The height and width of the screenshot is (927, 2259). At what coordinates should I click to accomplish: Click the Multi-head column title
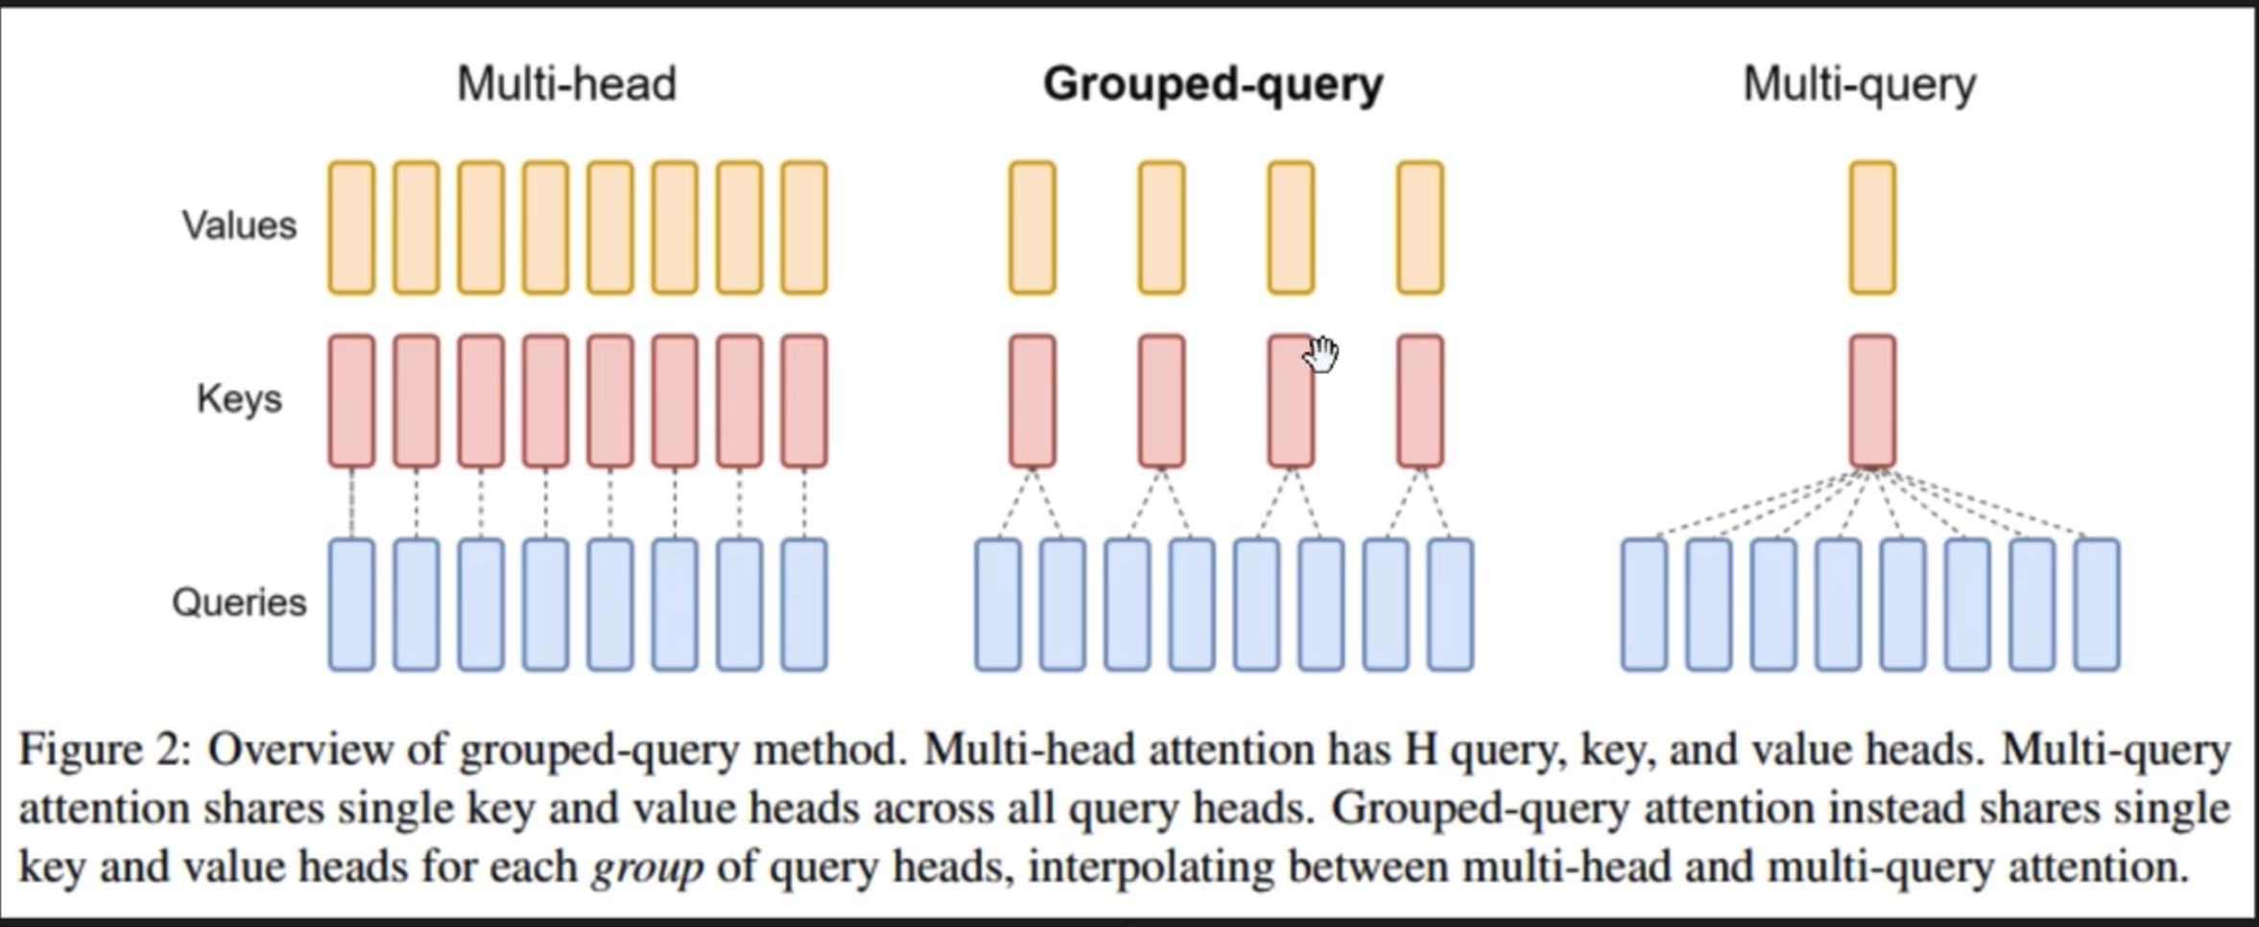pos(566,84)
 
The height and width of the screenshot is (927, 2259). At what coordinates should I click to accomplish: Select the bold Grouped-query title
pos(1213,84)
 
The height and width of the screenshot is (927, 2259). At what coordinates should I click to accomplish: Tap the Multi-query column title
pos(1859,84)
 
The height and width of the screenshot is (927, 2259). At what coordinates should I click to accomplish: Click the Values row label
pos(240,226)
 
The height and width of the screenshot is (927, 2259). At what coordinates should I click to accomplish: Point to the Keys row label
pos(240,398)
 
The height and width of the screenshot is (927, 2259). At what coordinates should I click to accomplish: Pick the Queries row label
pos(240,603)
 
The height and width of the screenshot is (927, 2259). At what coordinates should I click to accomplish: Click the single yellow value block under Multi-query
pos(1872,227)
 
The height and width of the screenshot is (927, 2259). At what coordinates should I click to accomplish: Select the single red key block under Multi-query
pos(1872,400)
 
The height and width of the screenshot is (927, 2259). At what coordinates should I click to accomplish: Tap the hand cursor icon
pos(1321,354)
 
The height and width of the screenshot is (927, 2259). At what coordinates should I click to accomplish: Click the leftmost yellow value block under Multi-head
pos(351,227)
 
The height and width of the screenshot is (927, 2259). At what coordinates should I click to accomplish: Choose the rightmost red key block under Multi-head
pos(804,400)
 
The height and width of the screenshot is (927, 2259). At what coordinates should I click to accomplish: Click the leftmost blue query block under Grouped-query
pos(998,605)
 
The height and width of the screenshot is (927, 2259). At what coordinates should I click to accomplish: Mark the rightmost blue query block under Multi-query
pos(2097,605)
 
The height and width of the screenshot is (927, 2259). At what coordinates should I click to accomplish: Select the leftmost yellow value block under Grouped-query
pos(1033,227)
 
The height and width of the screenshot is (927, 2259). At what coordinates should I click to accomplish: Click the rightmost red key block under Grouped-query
pos(1420,400)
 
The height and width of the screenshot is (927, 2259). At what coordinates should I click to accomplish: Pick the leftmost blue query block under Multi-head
pos(351,605)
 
